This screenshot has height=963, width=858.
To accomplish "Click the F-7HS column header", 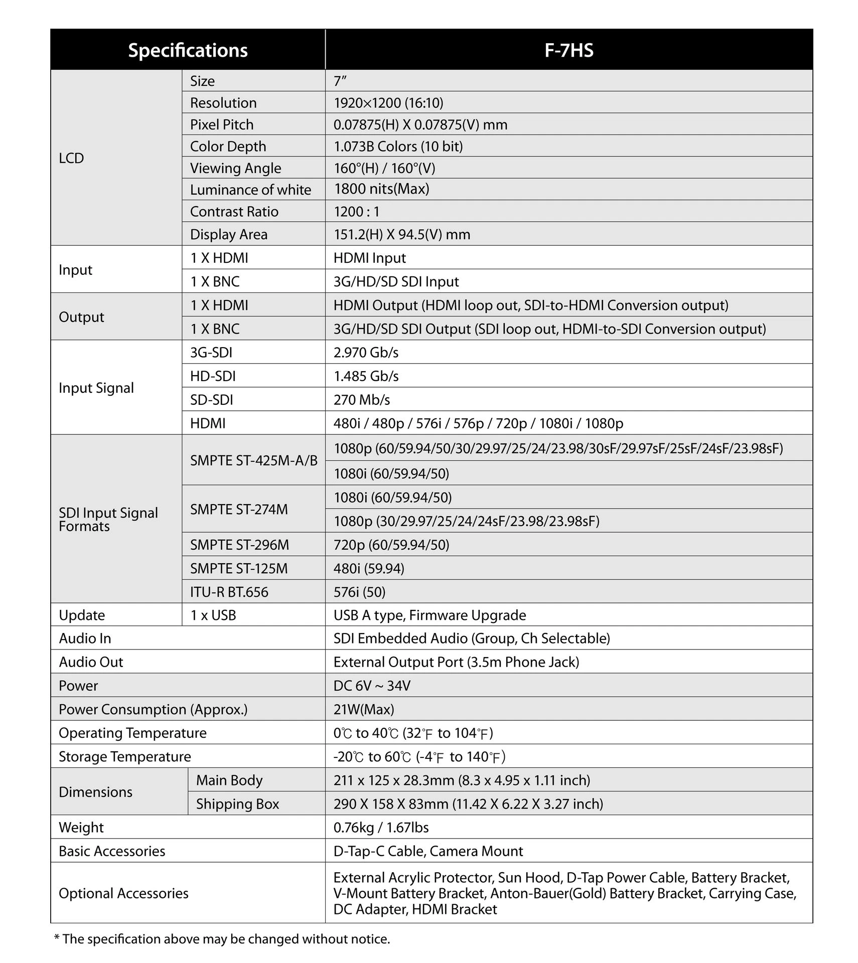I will point(568,50).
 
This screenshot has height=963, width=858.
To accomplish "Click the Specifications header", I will point(188,50).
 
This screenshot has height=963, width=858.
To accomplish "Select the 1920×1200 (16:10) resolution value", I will point(388,103).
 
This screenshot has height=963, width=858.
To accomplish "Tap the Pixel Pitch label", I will point(221,124).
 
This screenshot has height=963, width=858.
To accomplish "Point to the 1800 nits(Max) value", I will point(381,189).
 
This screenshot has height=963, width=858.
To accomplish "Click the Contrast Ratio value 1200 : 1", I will point(357,212).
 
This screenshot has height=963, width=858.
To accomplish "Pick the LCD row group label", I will point(71,158).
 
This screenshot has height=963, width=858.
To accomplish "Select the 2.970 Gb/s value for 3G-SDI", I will point(366,353).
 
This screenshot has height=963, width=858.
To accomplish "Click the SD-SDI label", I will point(211,400).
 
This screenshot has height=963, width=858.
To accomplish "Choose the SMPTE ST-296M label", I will point(239,545).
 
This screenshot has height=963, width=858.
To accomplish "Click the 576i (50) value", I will point(359,592).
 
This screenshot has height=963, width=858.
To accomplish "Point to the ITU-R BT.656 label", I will point(229,592).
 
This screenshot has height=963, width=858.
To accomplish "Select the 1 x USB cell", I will point(213,615).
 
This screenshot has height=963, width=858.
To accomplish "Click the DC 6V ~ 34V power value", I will point(372,686).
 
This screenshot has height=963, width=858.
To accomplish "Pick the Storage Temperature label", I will point(125,756).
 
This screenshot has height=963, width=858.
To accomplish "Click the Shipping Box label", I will point(237,804).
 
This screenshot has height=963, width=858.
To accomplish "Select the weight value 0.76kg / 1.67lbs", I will point(381,828).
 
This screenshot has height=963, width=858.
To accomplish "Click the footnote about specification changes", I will point(222,939).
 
